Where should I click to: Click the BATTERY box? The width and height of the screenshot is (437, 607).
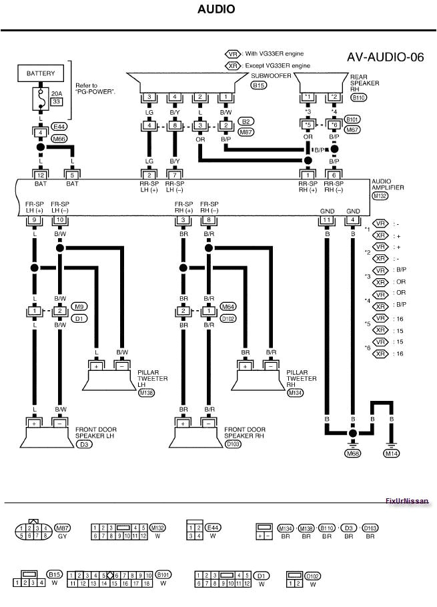(x=41, y=73)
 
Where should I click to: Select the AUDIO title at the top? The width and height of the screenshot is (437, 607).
(x=216, y=9)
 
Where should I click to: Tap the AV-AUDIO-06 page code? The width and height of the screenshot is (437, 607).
(x=385, y=57)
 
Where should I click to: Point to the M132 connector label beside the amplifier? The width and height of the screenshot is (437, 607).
(x=380, y=195)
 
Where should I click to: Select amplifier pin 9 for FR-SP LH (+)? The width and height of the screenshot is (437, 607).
(x=33, y=219)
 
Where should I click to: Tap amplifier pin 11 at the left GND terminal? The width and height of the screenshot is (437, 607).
(x=326, y=219)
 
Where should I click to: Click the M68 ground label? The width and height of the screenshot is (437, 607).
(x=352, y=454)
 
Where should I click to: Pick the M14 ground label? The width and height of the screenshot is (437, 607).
(x=392, y=454)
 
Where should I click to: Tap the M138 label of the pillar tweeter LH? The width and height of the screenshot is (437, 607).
(x=146, y=394)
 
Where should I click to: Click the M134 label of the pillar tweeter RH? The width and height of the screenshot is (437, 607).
(x=294, y=394)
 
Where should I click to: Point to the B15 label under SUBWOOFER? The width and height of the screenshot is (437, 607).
(x=258, y=85)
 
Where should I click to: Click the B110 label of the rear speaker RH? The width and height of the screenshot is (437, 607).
(x=358, y=97)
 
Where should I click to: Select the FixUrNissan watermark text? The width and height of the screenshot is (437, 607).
(x=406, y=502)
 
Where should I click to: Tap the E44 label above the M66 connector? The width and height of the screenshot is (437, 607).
(x=59, y=125)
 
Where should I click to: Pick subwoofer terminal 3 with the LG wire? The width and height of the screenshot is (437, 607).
(x=150, y=97)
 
